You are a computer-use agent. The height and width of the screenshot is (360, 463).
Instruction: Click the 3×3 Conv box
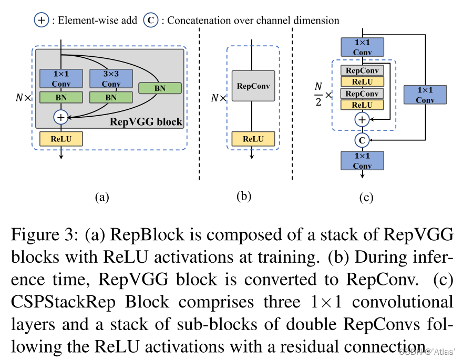(111, 79)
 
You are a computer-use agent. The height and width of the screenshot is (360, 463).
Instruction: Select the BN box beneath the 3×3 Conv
(111, 97)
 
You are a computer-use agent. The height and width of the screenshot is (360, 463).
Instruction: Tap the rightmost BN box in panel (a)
(160, 88)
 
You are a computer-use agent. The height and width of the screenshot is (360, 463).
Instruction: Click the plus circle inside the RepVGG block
(61, 117)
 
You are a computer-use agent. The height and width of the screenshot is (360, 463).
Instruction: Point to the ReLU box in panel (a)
(61, 138)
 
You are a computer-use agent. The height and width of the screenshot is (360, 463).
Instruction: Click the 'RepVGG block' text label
(146, 122)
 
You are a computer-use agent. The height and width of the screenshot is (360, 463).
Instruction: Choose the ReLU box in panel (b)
(253, 139)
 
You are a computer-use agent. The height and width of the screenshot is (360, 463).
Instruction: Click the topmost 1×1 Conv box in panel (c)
(362, 47)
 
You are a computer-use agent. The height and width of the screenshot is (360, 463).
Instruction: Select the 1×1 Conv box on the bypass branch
(425, 95)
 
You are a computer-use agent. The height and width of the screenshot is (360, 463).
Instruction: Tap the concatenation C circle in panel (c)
(362, 140)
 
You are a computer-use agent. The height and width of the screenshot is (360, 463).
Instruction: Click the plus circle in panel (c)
(362, 119)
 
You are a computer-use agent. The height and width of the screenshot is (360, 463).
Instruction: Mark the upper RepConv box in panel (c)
(362, 70)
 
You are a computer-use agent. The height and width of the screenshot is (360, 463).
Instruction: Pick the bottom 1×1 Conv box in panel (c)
(362, 160)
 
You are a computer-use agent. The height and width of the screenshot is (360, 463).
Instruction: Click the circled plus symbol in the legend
(41, 20)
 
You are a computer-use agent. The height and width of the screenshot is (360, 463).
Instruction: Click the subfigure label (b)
(244, 197)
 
